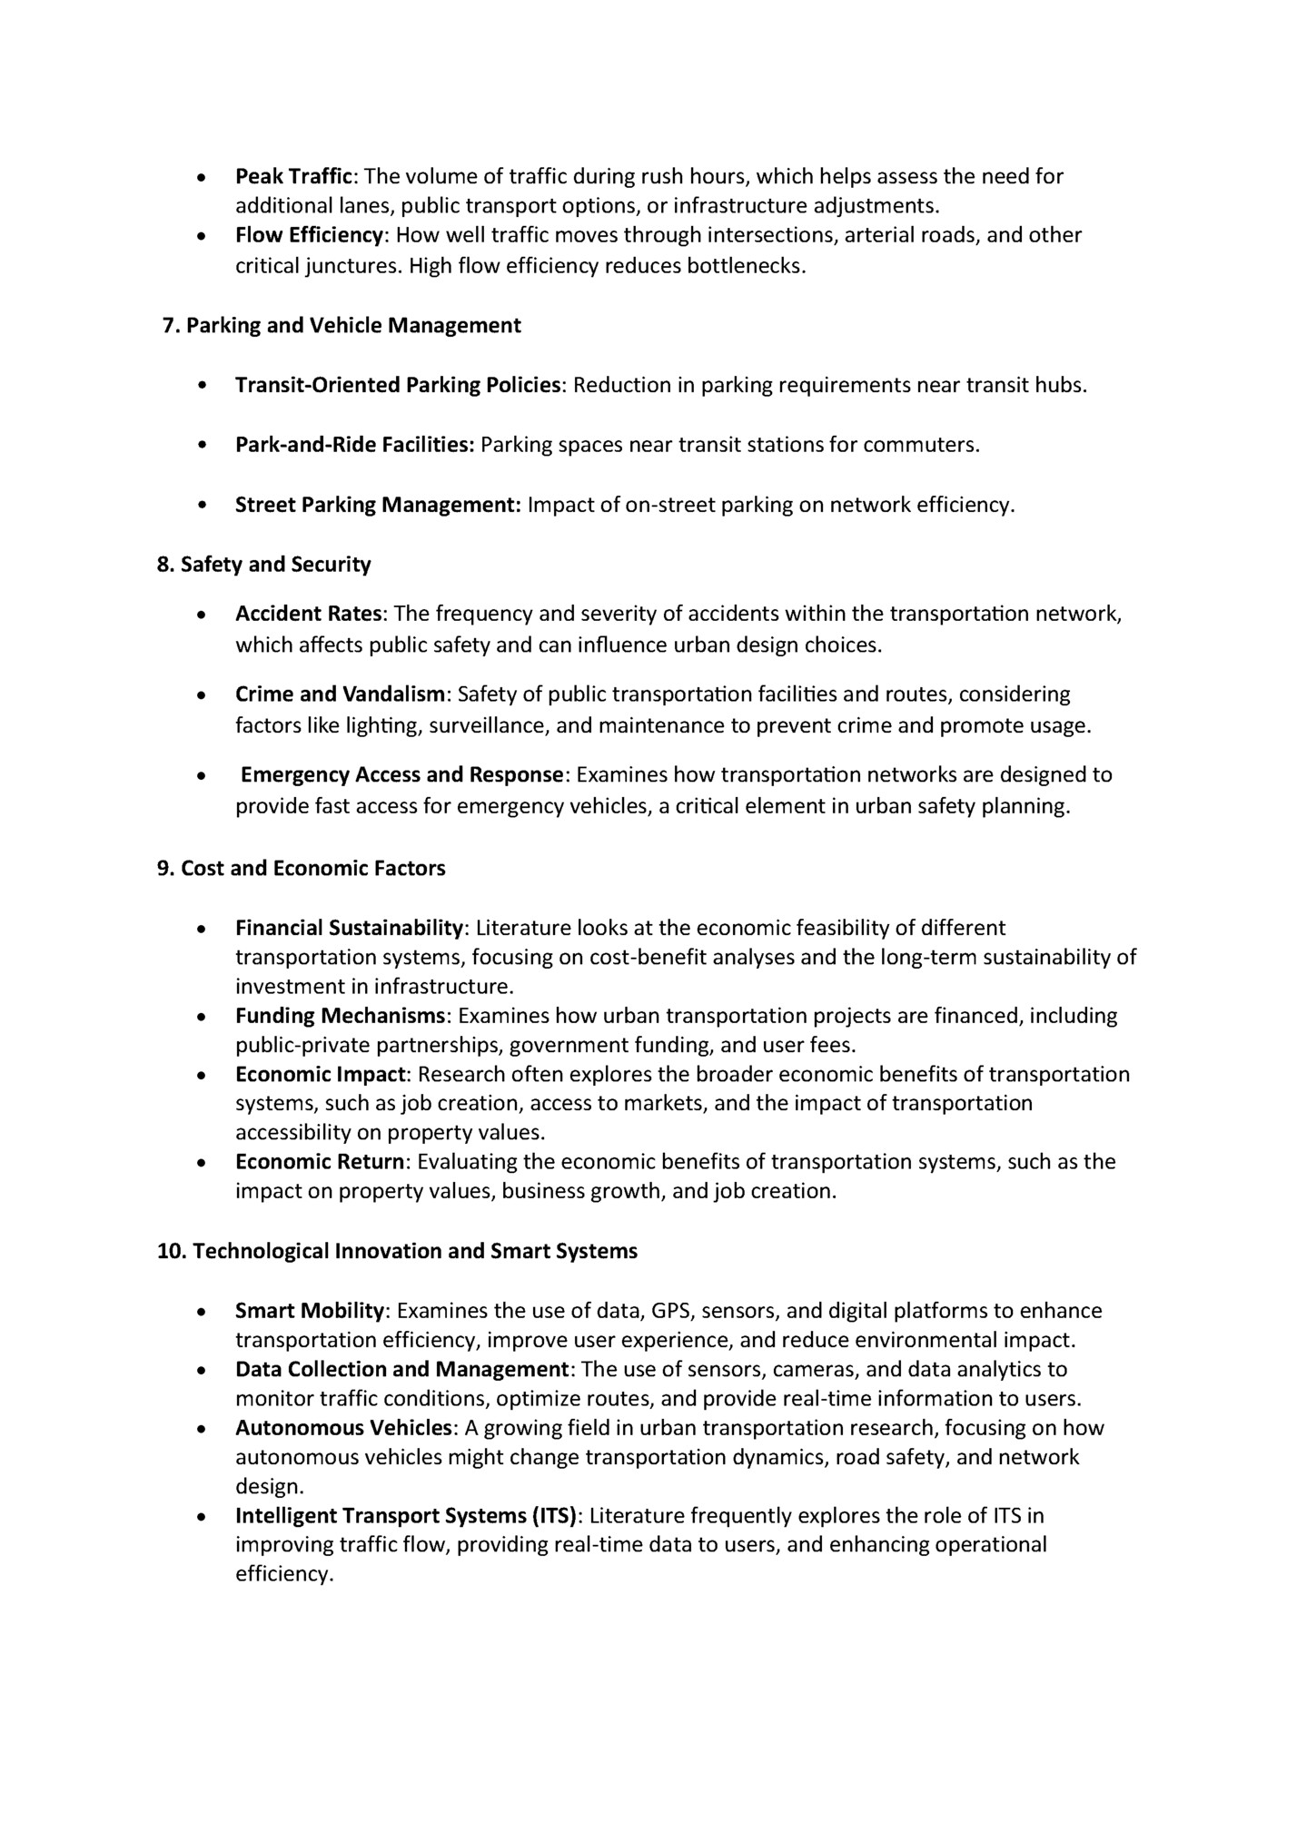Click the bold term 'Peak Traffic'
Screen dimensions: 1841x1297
coord(292,176)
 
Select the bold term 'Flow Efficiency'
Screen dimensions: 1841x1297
coord(309,236)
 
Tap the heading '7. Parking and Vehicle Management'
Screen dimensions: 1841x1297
coord(341,326)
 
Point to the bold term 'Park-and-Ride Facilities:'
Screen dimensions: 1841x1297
coord(355,446)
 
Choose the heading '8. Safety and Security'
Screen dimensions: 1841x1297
coord(264,565)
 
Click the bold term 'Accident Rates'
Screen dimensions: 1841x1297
coord(309,615)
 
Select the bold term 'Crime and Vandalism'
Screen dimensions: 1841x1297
coord(341,694)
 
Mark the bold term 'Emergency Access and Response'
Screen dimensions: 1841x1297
coord(402,775)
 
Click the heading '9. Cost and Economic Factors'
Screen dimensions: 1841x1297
coord(302,869)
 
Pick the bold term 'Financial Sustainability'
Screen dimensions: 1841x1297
coord(350,928)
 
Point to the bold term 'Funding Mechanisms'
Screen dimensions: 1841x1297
coord(341,1016)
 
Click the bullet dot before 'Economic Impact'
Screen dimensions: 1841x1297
coord(202,1076)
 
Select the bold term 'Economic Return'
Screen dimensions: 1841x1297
coord(320,1163)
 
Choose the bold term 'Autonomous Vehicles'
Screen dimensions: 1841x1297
coord(343,1428)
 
